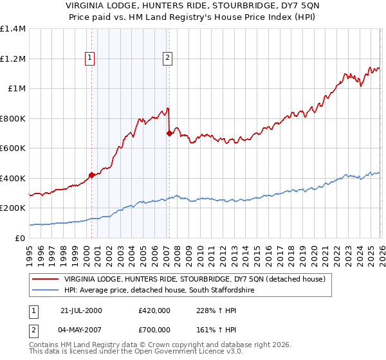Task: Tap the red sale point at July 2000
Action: point(92,174)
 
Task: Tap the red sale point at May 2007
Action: point(169,134)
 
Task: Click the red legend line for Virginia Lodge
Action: point(46,279)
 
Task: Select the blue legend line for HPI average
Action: point(46,290)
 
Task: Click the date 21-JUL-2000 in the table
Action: point(81,310)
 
